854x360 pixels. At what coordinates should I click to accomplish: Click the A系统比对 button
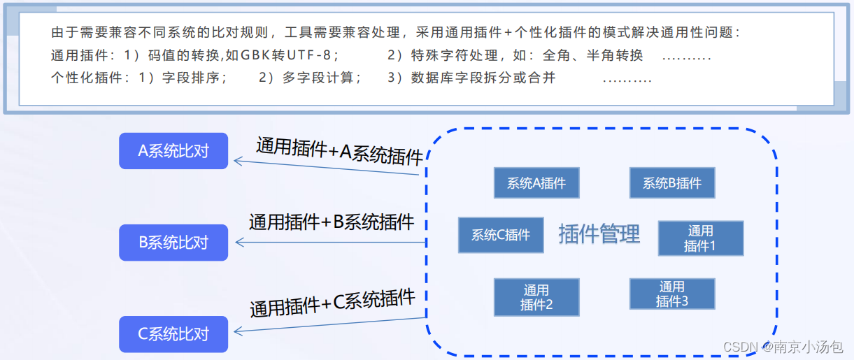coord(173,151)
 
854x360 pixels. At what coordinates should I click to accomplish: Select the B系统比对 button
coord(173,243)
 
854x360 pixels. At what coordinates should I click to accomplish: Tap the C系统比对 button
coord(173,334)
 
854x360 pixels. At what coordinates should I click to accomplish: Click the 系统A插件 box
coord(536,183)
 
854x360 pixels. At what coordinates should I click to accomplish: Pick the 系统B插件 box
coord(672,183)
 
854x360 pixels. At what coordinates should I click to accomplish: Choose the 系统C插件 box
coord(501,235)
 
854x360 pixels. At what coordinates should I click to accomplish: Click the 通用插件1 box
coord(700,238)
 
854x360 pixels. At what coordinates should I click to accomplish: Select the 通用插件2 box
coord(536,297)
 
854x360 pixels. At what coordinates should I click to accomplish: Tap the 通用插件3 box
coord(672,294)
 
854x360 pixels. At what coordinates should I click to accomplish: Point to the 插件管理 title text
coord(599,234)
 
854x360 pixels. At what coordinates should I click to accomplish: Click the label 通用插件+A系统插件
coord(340,150)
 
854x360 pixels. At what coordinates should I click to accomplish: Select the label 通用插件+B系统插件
coord(332,222)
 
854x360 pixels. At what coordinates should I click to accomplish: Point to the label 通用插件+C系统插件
coord(333,303)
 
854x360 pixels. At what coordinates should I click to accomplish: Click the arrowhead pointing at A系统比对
coord(238,161)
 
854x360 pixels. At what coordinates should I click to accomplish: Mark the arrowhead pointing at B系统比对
coord(239,243)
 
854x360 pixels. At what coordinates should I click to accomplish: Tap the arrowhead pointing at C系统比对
coord(239,331)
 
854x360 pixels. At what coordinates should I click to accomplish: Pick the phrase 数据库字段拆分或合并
coord(483,78)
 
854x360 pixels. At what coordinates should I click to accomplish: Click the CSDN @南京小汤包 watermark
coord(783,347)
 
